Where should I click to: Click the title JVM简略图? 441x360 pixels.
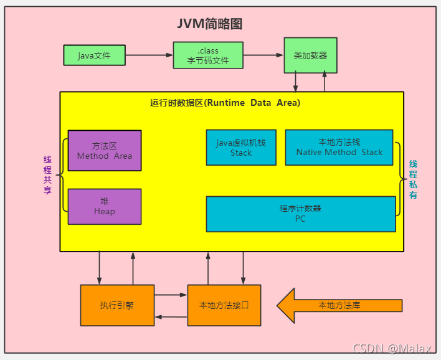209,24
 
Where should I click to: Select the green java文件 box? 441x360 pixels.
95,55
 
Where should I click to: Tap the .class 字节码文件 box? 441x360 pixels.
208,55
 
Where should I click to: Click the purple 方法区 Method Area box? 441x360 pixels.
105,150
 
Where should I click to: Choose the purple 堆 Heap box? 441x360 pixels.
105,206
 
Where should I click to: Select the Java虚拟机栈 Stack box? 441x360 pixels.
241,148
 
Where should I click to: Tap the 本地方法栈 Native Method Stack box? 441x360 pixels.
339,148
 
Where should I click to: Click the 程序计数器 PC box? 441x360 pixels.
301,214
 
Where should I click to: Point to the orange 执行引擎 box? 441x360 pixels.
117,305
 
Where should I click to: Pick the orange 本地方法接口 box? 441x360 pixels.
224,305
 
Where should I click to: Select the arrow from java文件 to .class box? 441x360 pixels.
149,55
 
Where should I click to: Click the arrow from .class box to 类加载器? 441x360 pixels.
263,55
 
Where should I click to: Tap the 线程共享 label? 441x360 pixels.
47,175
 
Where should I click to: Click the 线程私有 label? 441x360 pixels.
413,179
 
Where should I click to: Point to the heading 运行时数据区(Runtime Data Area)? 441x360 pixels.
225,103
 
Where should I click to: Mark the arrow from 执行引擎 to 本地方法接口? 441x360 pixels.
171,295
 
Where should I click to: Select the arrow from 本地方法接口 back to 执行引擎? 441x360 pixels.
171,316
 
